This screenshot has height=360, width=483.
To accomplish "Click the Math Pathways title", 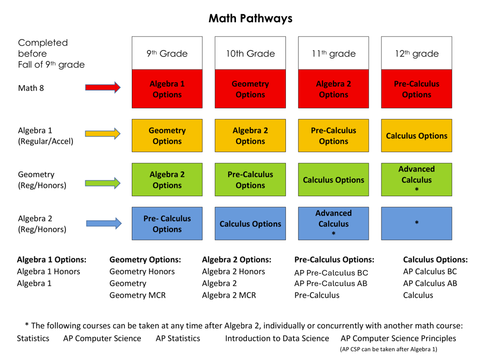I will [250, 19].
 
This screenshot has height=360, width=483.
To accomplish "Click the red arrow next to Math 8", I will [103, 88].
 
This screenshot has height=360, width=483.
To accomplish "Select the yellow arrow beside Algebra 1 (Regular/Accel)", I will [103, 134].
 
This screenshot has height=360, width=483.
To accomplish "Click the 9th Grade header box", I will [167, 53].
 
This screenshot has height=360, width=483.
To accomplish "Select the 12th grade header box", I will [416, 53].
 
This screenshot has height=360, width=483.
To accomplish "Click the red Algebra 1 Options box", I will [167, 89].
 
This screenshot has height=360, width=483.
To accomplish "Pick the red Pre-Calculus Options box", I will [416, 89].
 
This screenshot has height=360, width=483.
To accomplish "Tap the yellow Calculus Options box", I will [416, 136].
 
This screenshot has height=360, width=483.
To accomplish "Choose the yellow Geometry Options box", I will [167, 136].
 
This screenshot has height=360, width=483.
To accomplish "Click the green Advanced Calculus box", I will [416, 179].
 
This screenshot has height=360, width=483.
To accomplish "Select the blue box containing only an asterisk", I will [416, 223].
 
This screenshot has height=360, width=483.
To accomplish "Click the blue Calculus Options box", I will [250, 224].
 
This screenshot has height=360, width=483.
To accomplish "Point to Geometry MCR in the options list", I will [137, 295].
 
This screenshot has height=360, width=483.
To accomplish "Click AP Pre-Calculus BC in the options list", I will [331, 273].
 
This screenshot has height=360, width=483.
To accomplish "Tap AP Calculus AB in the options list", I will [430, 283].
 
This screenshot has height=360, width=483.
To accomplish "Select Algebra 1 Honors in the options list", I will [48, 272].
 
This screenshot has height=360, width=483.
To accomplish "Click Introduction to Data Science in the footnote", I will [277, 338].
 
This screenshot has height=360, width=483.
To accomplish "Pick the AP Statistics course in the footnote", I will [178, 338].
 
